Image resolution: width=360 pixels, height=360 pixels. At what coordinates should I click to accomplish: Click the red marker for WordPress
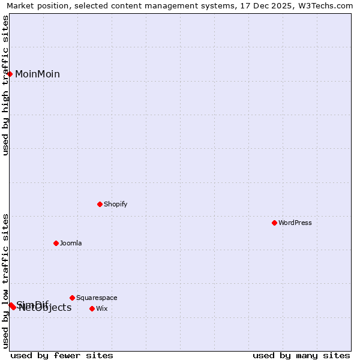[274, 223]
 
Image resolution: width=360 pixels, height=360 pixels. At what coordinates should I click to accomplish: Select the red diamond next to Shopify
[100, 204]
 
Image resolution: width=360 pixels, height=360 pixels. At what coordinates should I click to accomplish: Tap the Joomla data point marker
[56, 243]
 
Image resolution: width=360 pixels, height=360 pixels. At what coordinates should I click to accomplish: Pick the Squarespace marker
[72, 298]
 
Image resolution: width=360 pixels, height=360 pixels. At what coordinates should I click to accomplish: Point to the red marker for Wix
[92, 308]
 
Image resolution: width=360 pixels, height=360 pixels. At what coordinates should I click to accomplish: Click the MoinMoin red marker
[10, 74]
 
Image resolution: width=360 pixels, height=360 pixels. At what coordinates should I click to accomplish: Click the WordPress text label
[295, 223]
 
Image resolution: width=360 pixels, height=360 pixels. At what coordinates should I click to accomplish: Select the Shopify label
[116, 204]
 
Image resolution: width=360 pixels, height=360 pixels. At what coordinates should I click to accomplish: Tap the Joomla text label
[71, 243]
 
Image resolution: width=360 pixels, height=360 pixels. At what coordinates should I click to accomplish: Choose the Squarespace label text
[97, 298]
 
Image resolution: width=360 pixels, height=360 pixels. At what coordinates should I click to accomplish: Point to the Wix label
[102, 308]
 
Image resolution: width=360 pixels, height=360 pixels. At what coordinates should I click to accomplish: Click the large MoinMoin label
[37, 74]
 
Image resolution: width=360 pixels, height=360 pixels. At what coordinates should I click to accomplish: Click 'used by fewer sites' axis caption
[62, 355]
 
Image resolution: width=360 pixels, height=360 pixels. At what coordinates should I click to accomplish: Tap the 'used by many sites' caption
[301, 355]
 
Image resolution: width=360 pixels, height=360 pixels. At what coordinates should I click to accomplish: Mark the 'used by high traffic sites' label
[5, 85]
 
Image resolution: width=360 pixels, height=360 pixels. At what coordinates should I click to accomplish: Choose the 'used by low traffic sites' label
[5, 281]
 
